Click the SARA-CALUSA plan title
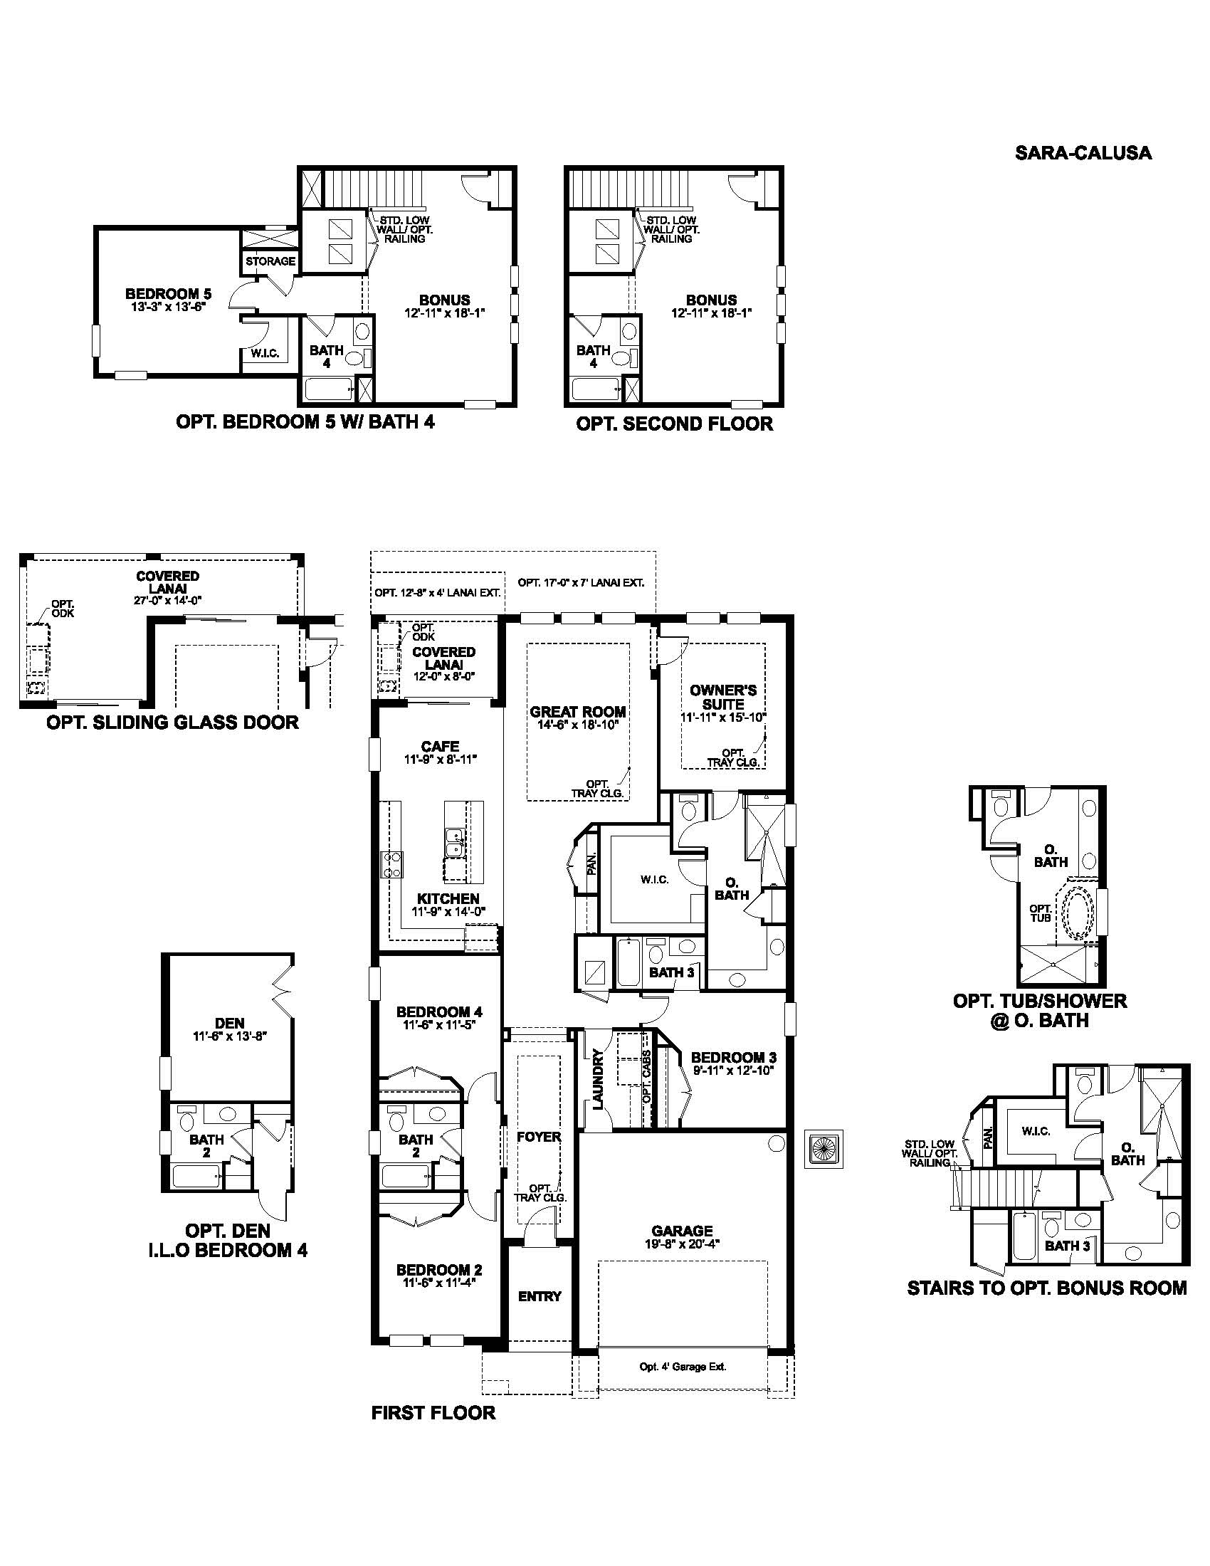click(x=1083, y=153)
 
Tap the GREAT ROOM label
click(x=578, y=712)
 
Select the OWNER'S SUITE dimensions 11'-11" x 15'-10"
click(x=723, y=717)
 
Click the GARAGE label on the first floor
click(x=682, y=1231)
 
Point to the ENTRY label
click(x=540, y=1296)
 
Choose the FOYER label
click(x=539, y=1137)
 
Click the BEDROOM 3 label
click(x=733, y=1057)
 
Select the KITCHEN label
click(x=448, y=898)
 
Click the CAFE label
click(x=440, y=746)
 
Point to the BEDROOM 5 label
click(x=168, y=293)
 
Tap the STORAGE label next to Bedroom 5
click(x=270, y=261)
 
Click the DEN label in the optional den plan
click(x=229, y=1023)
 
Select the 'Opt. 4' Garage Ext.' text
click(x=683, y=1367)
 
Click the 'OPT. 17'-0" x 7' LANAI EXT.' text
click(x=581, y=582)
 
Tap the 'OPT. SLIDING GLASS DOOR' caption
click(x=172, y=722)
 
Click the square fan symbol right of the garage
click(x=824, y=1149)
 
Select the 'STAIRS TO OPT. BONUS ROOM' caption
click(x=1046, y=1288)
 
